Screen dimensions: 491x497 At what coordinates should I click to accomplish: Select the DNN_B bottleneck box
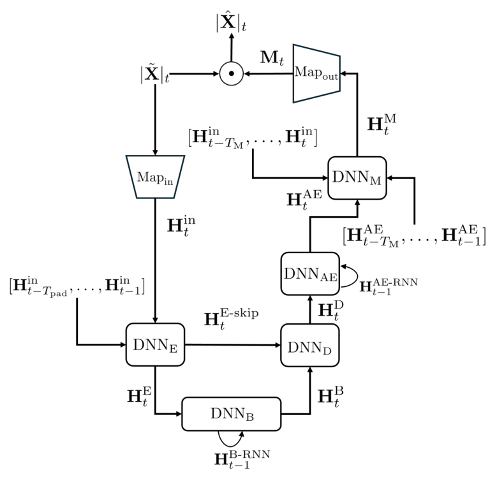(231, 413)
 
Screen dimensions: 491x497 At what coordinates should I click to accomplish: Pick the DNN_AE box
(310, 272)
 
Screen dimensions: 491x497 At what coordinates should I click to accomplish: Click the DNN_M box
(359, 177)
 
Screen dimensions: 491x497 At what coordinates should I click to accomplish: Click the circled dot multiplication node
(232, 74)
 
